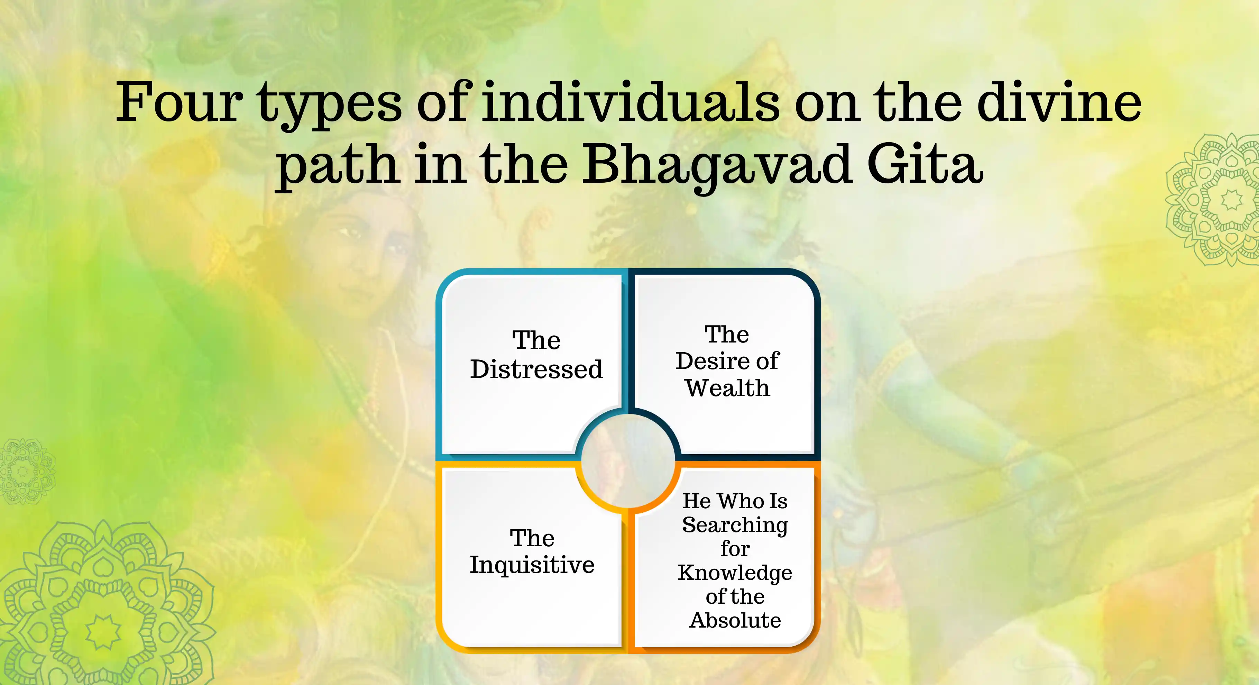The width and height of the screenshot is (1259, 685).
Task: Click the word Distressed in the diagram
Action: [x=536, y=369]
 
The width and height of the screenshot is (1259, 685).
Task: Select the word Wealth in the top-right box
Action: [x=727, y=388]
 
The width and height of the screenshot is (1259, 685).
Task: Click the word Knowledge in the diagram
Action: [x=735, y=573]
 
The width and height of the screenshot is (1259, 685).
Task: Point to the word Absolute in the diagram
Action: [x=735, y=620]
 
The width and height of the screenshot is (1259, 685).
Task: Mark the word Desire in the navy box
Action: [x=711, y=361]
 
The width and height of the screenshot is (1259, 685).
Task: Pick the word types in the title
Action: [x=330, y=105]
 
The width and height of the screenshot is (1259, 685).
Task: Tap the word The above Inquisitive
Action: [x=532, y=538]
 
